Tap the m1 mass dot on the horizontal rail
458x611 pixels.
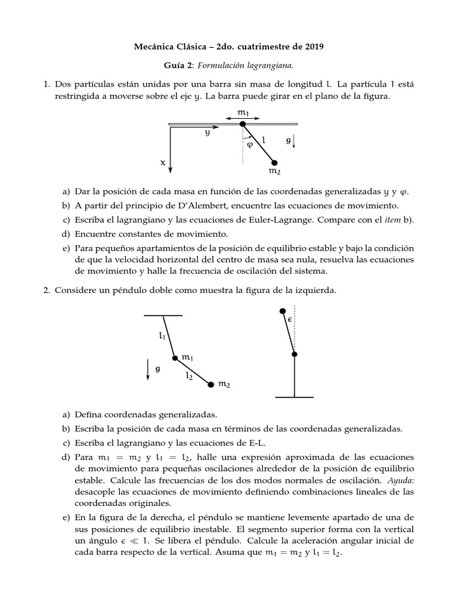(x=242, y=124)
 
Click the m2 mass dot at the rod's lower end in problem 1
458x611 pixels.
(x=274, y=162)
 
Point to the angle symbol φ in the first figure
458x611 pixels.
(x=250, y=144)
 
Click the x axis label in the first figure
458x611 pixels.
(x=162, y=162)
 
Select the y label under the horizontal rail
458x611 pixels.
(x=207, y=134)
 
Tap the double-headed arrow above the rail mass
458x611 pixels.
(x=242, y=118)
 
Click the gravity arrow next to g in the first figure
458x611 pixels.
(x=294, y=143)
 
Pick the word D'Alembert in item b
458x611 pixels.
(x=206, y=205)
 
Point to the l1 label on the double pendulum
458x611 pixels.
(x=162, y=336)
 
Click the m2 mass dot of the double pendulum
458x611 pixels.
(x=211, y=385)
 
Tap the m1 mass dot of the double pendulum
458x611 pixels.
(x=175, y=358)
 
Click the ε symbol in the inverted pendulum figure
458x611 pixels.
(x=289, y=320)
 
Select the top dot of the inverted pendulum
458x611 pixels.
(x=283, y=311)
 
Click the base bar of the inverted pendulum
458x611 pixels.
(x=294, y=397)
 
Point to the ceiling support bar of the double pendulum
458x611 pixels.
(x=163, y=314)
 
